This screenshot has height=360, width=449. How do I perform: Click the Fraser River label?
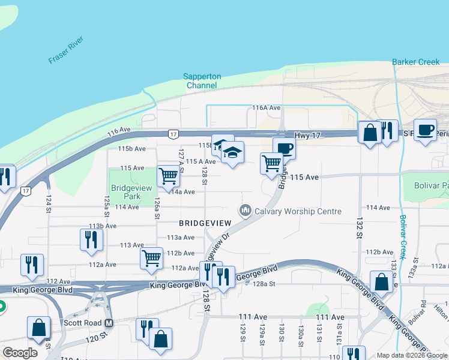click(67, 52)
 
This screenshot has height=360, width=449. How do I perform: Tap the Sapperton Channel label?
click(202, 81)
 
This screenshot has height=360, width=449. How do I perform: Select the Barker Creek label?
click(415, 62)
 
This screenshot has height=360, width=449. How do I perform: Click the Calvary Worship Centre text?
click(298, 211)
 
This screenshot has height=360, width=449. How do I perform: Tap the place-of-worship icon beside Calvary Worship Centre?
click(244, 211)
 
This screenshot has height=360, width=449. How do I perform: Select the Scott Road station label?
click(82, 323)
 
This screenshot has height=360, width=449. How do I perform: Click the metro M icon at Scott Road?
click(109, 323)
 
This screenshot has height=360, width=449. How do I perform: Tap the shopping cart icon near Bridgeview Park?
click(169, 176)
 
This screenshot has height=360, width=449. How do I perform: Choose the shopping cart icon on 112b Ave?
click(152, 258)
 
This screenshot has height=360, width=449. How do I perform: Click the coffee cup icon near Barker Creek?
click(426, 130)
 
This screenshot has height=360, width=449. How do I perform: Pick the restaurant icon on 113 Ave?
click(91, 239)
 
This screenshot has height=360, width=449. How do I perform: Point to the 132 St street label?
click(361, 227)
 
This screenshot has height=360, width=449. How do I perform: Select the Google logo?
click(20, 353)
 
